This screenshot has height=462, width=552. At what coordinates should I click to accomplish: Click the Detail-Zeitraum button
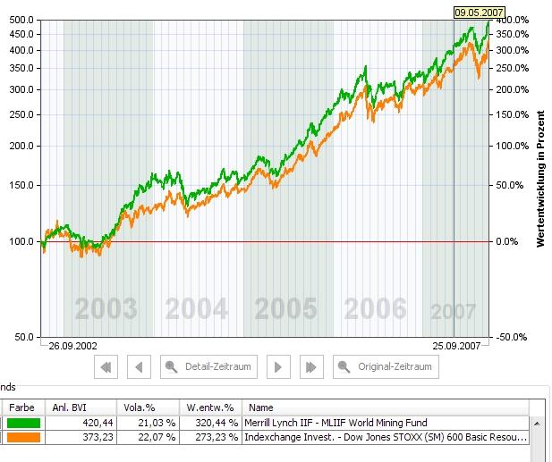tap(208, 366)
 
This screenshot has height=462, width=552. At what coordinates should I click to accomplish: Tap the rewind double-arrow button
tap(106, 366)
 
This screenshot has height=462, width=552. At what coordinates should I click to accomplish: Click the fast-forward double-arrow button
tap(310, 366)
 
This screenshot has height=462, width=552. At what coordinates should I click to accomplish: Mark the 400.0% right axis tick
tap(513, 20)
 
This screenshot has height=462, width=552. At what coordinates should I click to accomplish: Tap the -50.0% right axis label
tap(513, 337)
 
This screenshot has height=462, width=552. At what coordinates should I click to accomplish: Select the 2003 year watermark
tap(106, 309)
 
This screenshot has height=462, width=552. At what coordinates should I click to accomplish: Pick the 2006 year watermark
tap(376, 309)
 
